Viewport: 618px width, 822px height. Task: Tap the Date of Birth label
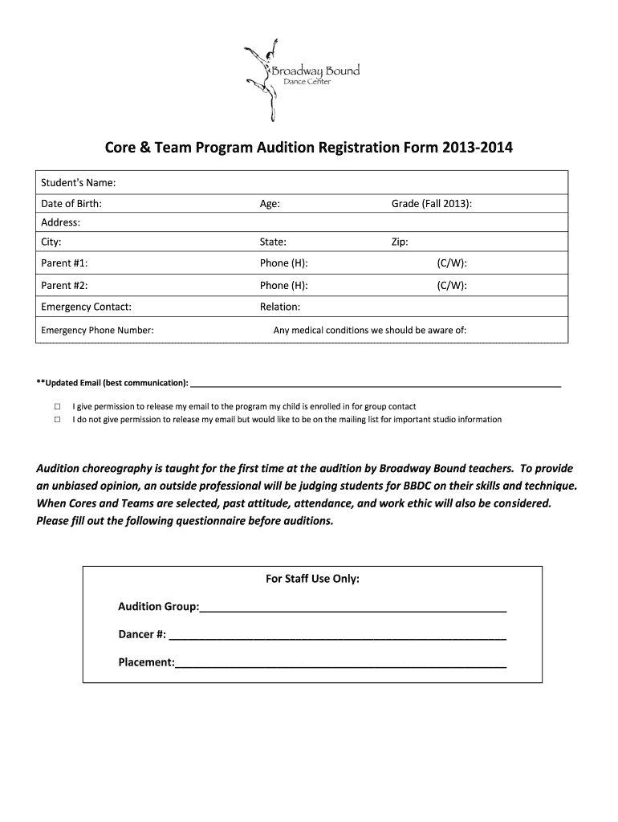pos(71,204)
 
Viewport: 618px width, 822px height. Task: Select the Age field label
pos(270,204)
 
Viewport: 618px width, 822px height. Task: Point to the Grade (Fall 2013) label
pos(431,204)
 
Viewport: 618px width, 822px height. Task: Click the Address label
pos(60,222)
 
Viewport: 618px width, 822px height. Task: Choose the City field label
pos(51,242)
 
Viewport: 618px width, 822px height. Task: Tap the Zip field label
pos(400,242)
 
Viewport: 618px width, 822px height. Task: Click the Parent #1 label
pos(64,263)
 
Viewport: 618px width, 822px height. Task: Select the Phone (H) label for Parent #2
pos(283,285)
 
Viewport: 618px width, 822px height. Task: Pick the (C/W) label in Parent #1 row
pos(452,263)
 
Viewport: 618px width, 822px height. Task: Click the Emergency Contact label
pos(86,307)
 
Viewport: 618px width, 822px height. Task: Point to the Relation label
pos(280,307)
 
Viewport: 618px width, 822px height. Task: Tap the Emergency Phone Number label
pos(97,330)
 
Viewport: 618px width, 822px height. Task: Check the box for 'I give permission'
pos(57,406)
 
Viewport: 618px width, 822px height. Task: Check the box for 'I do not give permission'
pos(57,419)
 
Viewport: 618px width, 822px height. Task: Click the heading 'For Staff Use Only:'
pos(312,578)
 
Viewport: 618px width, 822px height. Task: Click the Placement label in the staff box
pos(146,662)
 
